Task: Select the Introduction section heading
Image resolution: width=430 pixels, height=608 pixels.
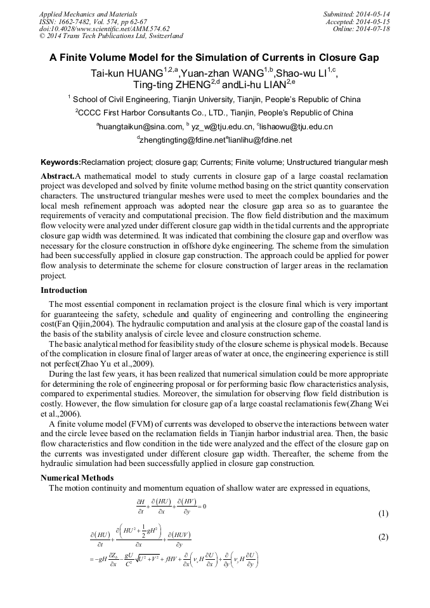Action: point(63,290)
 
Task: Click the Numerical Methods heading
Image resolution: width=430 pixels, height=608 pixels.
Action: point(77,477)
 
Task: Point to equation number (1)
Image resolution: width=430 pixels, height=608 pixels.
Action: point(382,513)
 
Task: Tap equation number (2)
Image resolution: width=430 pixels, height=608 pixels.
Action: point(382,537)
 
